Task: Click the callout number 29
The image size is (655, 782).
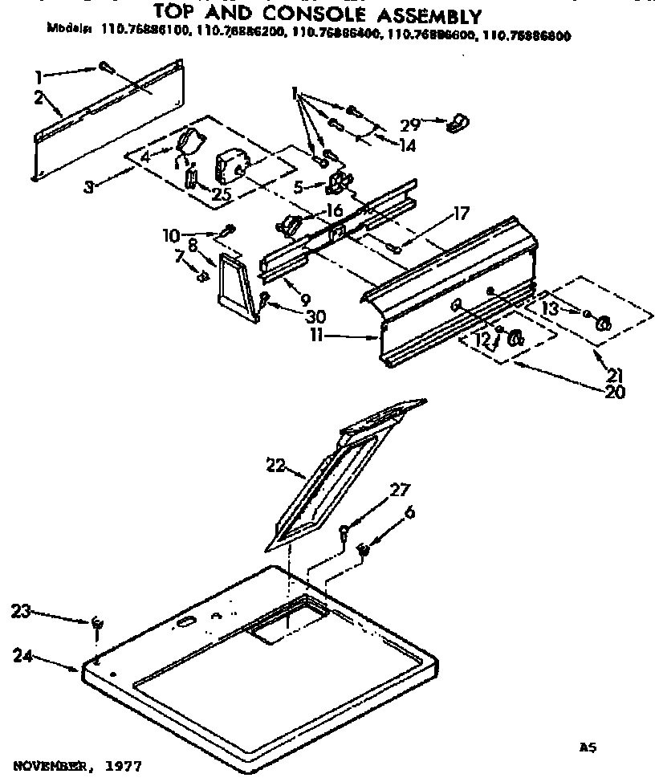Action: click(410, 125)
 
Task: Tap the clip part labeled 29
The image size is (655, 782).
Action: click(458, 122)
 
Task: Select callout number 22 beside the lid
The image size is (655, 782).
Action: click(275, 464)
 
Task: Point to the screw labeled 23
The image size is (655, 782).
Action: click(97, 622)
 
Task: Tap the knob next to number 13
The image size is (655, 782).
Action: click(602, 323)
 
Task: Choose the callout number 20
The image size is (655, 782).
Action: click(616, 393)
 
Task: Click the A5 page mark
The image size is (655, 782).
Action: click(588, 747)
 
